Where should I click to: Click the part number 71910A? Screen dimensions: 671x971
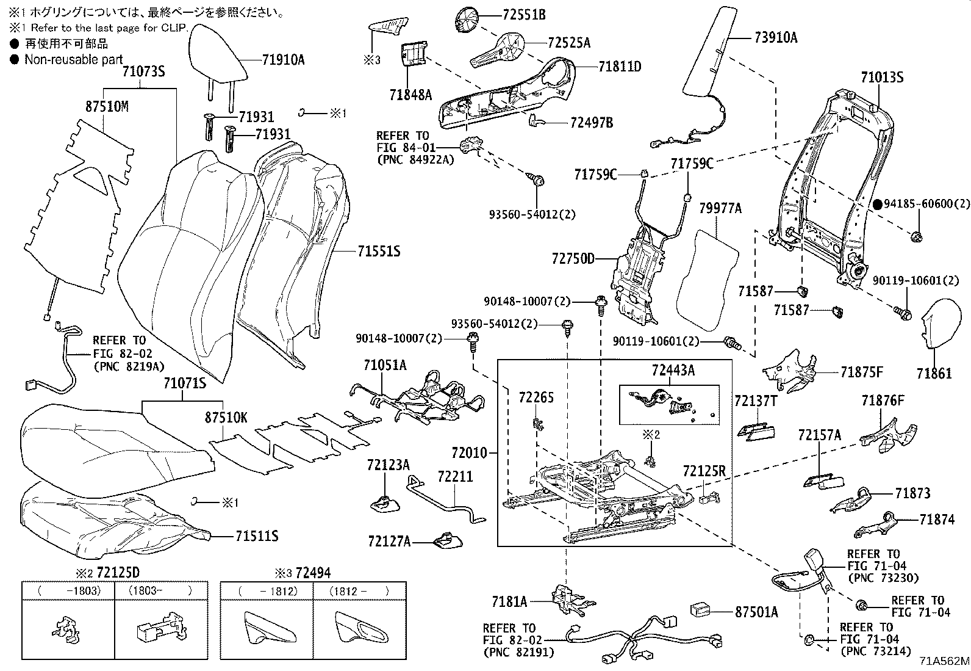click(x=283, y=60)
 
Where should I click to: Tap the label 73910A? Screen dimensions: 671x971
click(x=775, y=38)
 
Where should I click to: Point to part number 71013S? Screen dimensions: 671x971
click(x=881, y=78)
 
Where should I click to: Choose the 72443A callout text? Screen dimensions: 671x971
click(x=673, y=371)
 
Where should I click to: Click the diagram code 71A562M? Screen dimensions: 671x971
click(x=944, y=661)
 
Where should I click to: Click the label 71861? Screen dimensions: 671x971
click(x=933, y=373)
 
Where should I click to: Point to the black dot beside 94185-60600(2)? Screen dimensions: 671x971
click(x=878, y=205)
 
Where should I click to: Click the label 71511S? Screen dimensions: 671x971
click(x=257, y=536)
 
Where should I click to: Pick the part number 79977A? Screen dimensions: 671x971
click(x=720, y=209)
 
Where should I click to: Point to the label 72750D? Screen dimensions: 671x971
click(x=573, y=259)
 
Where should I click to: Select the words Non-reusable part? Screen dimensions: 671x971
click(x=73, y=59)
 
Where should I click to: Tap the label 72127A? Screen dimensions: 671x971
click(x=389, y=541)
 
